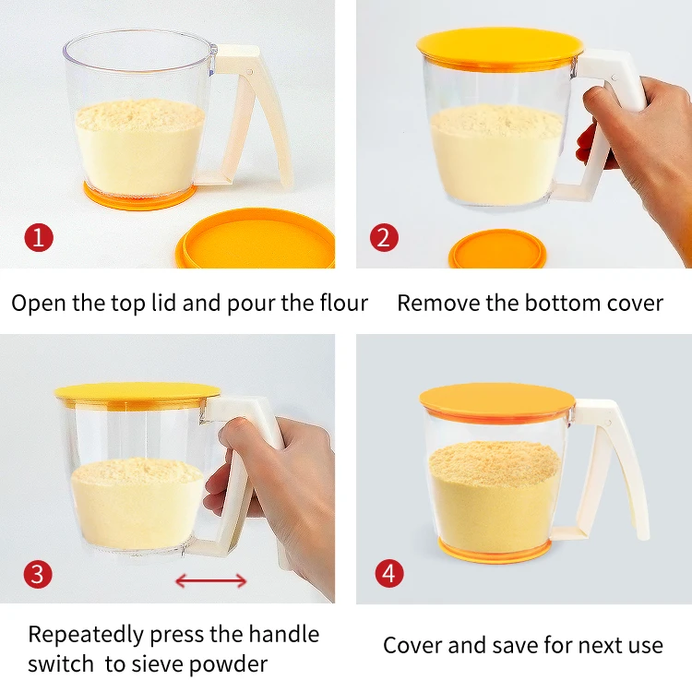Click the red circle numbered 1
coord(39,238)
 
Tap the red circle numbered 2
coord(384,238)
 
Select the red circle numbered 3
coord(38,574)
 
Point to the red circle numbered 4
coord(389,573)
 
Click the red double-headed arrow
coord(211,580)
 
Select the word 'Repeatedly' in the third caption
coord(86,636)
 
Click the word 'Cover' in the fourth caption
coord(412,646)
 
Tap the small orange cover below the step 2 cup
coord(497,250)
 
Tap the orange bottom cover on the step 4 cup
coord(495,550)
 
